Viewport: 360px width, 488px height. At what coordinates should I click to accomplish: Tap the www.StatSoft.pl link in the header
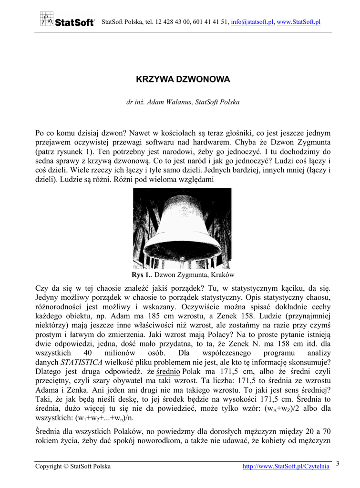(x=298, y=22)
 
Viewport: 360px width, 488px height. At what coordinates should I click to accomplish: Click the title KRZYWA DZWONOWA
(x=183, y=79)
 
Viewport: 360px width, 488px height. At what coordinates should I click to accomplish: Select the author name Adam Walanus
(x=169, y=102)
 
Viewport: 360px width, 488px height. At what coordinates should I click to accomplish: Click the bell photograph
(x=182, y=228)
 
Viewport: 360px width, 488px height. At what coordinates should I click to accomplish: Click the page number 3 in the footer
(x=338, y=463)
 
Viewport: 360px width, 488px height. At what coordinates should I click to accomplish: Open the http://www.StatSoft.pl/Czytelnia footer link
(x=286, y=467)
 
